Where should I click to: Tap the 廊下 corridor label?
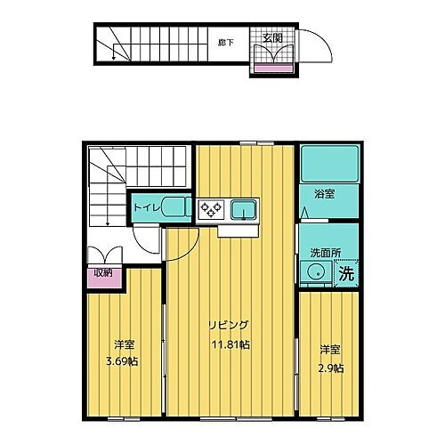click(x=225, y=41)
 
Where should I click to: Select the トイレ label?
click(x=147, y=207)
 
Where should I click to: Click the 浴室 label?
click(x=324, y=193)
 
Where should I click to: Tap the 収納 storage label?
click(x=103, y=273)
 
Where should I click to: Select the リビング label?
click(x=229, y=325)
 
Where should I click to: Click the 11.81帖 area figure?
click(x=229, y=344)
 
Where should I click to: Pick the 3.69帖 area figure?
click(x=123, y=362)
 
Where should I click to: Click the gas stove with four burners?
click(x=211, y=209)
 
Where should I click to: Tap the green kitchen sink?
click(x=242, y=210)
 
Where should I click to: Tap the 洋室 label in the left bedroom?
click(x=124, y=344)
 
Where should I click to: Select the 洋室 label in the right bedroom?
click(x=330, y=351)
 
